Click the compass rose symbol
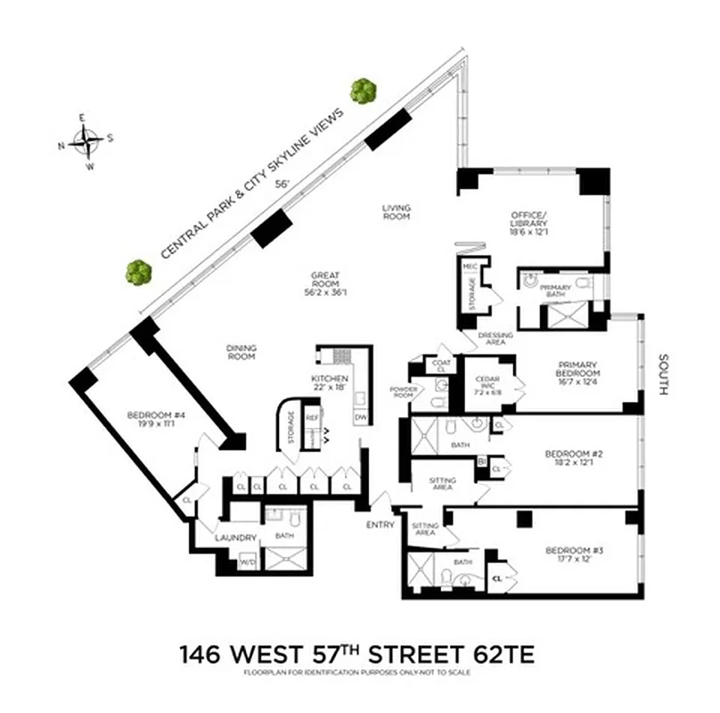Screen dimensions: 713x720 coord(86,141)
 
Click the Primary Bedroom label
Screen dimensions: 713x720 coord(576,371)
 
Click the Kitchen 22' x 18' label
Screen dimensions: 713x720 coord(329,383)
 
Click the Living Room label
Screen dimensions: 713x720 coord(396,213)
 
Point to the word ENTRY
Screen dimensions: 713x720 coord(380,525)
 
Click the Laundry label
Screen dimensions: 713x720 coord(236,537)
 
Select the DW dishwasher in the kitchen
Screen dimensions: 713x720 coord(361,417)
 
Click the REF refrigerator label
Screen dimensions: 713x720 coord(313,416)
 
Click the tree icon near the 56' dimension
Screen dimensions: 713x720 coord(362,90)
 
